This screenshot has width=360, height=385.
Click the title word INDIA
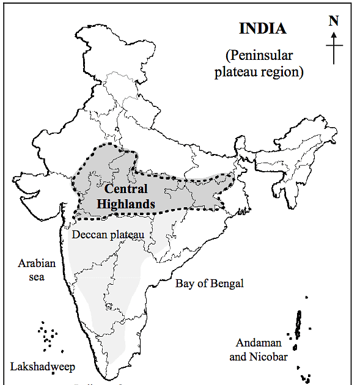point(262,29)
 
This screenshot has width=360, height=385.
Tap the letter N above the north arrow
point(333,21)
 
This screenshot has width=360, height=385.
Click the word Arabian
point(37,263)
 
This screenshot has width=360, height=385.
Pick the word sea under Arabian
point(37,276)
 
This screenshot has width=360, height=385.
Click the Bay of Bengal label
point(209,284)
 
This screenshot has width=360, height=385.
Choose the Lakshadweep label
point(42,367)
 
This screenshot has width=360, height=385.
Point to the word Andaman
point(252,343)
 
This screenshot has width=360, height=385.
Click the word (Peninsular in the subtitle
point(259,56)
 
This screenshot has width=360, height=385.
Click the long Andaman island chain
point(298,324)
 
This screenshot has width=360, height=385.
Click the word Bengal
point(226,284)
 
